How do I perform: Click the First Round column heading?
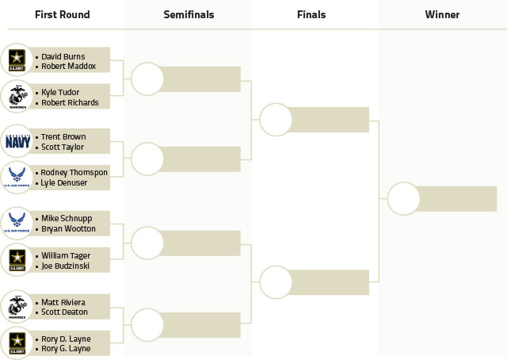point(63,14)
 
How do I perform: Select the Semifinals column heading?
point(189,14)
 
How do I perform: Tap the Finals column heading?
point(311,14)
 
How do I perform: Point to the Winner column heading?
point(442,14)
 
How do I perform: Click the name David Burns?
point(63,56)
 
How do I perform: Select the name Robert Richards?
point(70,102)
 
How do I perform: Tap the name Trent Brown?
point(63,137)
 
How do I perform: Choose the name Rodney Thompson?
point(74,173)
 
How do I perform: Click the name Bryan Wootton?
point(69,229)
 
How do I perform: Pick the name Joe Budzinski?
point(65,266)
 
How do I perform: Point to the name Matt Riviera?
point(63,302)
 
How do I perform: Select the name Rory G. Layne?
point(66,349)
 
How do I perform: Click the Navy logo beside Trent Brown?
point(17,141)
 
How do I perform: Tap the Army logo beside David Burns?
point(17,60)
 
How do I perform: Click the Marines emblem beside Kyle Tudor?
point(17,97)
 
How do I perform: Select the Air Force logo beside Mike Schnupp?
point(17,222)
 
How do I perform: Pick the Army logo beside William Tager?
point(17,259)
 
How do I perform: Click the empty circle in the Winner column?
point(403,199)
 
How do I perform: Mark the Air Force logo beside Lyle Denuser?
point(17,177)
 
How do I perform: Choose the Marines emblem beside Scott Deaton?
point(17,307)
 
